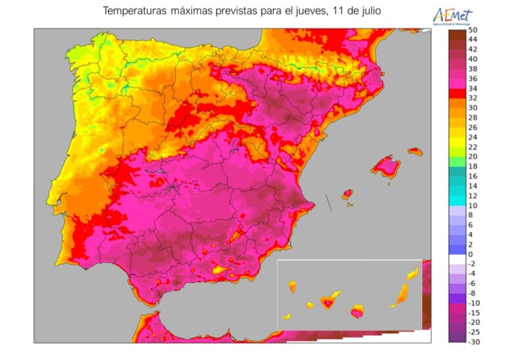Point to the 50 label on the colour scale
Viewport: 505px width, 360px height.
click(x=472, y=30)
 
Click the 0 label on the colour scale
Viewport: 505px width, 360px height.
click(x=470, y=254)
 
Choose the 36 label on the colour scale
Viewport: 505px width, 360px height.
click(x=472, y=78)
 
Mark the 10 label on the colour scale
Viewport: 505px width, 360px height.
click(x=472, y=205)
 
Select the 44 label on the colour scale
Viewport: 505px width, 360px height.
click(x=472, y=39)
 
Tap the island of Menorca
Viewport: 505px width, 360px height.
click(x=414, y=151)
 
